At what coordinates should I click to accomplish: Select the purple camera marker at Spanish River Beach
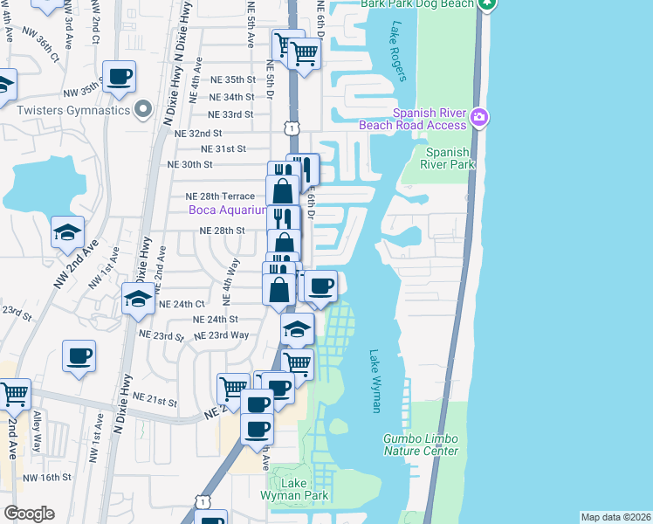pos(478,117)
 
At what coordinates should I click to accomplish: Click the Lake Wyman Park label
pos(294,489)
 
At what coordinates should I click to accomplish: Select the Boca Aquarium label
pos(228,210)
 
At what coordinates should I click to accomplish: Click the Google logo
pos(28,514)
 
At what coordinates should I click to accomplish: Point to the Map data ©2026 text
pos(615,517)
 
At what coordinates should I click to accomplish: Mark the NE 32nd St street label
pos(199,133)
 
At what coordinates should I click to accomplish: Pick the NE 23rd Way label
pos(221,335)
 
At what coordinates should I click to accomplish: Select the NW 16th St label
pos(46,477)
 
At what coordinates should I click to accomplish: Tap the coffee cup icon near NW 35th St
pos(119,75)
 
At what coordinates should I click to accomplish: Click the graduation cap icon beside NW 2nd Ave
pos(67,231)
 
